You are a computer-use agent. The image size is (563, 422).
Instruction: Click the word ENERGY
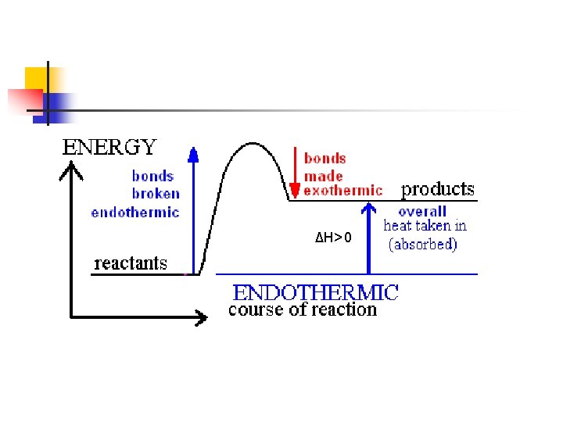[x=109, y=147]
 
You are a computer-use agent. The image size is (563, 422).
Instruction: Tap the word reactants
[x=131, y=263]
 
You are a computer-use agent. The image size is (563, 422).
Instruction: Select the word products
[x=438, y=189]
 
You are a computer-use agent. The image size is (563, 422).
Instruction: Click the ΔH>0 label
[x=334, y=238]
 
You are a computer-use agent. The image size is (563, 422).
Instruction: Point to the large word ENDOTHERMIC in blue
[x=316, y=292]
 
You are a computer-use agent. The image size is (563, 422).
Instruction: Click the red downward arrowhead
[x=295, y=190]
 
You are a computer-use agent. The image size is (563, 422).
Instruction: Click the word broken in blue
[x=156, y=194]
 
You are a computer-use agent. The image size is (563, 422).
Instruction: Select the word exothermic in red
[x=343, y=190]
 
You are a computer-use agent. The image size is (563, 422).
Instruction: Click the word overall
[x=422, y=211]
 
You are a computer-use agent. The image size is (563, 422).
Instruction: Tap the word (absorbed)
[x=423, y=244]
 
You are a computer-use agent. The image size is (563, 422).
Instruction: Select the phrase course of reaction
[x=302, y=309]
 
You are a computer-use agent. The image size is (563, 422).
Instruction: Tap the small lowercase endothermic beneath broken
[x=134, y=212]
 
